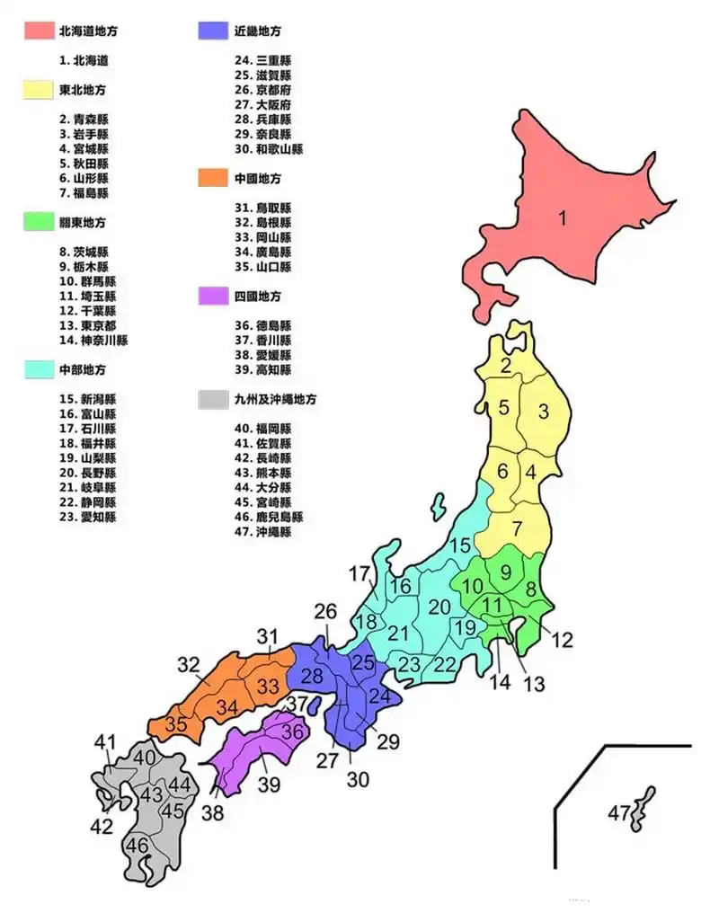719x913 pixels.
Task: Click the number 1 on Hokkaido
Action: click(563, 218)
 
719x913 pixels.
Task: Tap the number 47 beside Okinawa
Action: click(618, 813)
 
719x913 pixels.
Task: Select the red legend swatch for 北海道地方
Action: click(38, 31)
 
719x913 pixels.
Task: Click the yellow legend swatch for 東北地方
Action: click(38, 90)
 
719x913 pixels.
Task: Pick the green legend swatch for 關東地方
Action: click(38, 222)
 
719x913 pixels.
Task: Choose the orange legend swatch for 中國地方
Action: click(212, 178)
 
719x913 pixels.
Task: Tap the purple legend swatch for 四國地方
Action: click(212, 296)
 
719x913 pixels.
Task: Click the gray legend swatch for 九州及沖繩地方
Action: click(212, 399)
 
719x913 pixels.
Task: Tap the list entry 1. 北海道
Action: click(84, 61)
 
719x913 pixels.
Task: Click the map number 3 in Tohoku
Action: click(543, 412)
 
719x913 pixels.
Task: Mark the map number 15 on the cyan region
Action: click(460, 545)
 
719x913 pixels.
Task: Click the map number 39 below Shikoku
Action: click(269, 784)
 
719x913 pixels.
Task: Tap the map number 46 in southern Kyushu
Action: click(138, 846)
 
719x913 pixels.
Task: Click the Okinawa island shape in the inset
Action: click(643, 809)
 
